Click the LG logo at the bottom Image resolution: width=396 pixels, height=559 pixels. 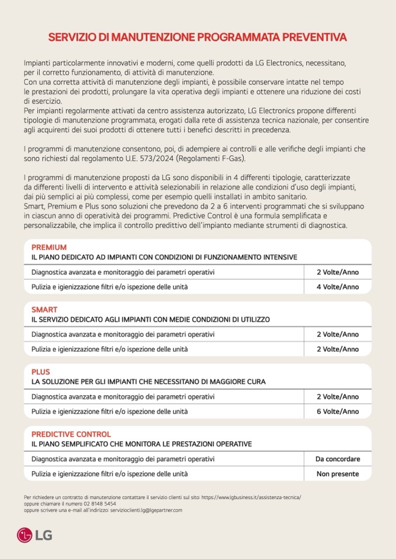[34, 533]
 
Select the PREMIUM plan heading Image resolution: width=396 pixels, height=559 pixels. [49, 247]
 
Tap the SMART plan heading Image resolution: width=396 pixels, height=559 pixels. [44, 310]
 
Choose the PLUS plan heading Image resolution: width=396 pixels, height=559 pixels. [41, 372]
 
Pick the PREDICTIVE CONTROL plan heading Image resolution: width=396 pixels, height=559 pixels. [71, 434]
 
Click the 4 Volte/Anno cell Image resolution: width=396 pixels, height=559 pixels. [338, 287]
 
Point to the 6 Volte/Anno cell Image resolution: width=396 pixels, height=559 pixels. [338, 412]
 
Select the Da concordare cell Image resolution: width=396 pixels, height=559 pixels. [338, 459]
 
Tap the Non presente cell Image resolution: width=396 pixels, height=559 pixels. [338, 474]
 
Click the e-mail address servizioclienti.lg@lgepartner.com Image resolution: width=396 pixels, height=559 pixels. [146, 510]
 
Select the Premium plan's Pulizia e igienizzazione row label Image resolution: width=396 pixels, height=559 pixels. [109, 287]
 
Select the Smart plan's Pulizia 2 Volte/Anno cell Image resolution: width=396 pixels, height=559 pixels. [338, 349]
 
